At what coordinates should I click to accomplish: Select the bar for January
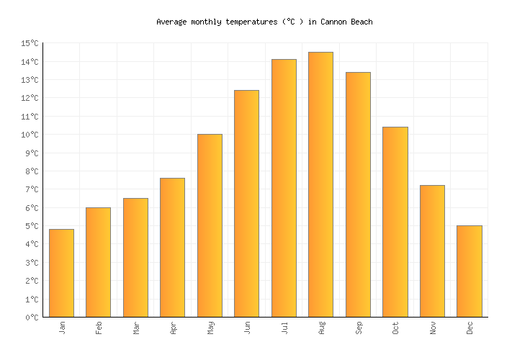[61, 273]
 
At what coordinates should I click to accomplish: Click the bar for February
[98, 262]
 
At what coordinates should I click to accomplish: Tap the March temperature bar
[135, 258]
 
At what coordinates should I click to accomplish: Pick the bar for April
[172, 248]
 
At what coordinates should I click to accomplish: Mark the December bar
[469, 271]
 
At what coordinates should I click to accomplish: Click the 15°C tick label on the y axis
[30, 44]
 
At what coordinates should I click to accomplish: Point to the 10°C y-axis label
[30, 135]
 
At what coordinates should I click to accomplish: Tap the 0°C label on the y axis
[32, 318]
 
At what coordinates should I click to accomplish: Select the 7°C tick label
[32, 189]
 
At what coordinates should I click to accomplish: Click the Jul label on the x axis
[284, 328]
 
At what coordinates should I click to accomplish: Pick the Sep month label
[359, 328]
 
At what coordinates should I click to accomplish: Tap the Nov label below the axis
[433, 328]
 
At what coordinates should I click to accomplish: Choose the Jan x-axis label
[62, 328]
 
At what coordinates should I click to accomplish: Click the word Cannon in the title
[332, 22]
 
